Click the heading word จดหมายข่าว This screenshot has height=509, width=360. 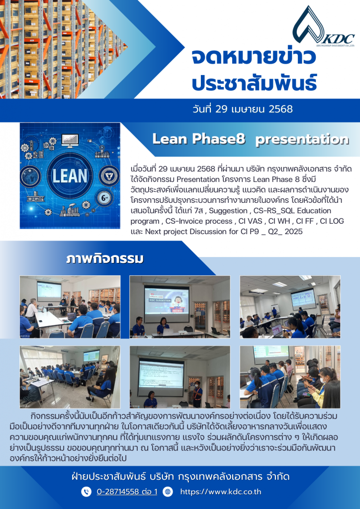pyautogui.click(x=254, y=57)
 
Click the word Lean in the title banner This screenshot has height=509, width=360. pyautogui.click(x=172, y=139)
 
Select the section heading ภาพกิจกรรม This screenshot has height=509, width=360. pyautogui.click(x=104, y=259)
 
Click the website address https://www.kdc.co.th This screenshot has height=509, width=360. pyautogui.click(x=220, y=492)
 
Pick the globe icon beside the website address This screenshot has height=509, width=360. pyautogui.click(x=168, y=492)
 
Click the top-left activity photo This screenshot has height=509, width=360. pyautogui.click(x=70, y=307)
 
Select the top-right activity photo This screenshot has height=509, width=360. pyautogui.click(x=290, y=307)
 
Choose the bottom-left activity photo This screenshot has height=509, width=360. pyautogui.click(x=70, y=377)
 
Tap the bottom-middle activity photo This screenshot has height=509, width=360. pyautogui.click(x=180, y=377)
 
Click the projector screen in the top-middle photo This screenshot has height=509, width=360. pyautogui.click(x=166, y=300)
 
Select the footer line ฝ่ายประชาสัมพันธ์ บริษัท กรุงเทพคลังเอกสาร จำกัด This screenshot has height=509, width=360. pyautogui.click(x=180, y=476)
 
